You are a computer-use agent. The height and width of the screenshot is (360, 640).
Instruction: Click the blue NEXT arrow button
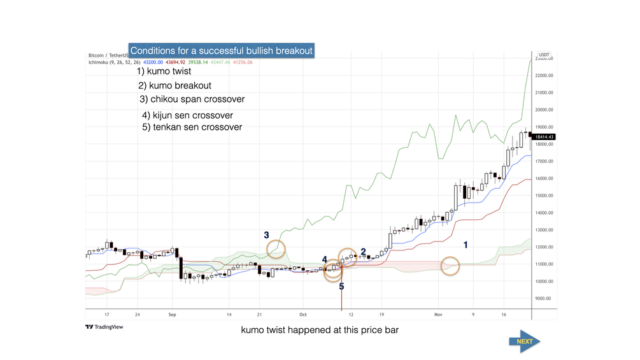pyautogui.click(x=524, y=341)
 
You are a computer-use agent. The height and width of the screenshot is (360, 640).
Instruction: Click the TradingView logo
pyautogui.click(x=104, y=327)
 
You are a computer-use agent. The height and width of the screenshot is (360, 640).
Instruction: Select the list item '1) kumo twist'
pyautogui.click(x=164, y=71)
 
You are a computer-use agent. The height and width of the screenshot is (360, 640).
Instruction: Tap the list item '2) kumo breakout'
pyautogui.click(x=174, y=85)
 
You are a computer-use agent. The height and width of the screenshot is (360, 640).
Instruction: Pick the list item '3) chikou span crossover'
pyautogui.click(x=192, y=99)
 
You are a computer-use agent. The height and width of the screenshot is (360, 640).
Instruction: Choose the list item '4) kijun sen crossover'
pyautogui.click(x=187, y=115)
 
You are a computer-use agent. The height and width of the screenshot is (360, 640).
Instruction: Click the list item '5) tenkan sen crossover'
pyautogui.click(x=192, y=127)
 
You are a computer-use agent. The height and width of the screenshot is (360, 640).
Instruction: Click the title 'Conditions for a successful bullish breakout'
pyautogui.click(x=222, y=50)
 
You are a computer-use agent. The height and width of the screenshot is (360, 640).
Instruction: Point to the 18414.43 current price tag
pyautogui.click(x=545, y=137)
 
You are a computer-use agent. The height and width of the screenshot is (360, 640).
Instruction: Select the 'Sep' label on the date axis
pyautogui.click(x=172, y=315)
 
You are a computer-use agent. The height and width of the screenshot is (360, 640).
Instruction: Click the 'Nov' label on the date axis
pyautogui.click(x=437, y=315)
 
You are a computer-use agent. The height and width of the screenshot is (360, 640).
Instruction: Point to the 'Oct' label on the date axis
pyautogui.click(x=303, y=315)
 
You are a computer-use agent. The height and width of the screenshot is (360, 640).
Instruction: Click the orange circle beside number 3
pyautogui.click(x=276, y=249)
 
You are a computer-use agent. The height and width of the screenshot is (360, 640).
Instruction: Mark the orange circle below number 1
pyautogui.click(x=450, y=266)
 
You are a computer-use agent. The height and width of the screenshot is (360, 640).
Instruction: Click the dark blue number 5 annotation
pyautogui.click(x=341, y=286)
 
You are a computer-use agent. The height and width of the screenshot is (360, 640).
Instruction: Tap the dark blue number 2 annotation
pyautogui.click(x=363, y=252)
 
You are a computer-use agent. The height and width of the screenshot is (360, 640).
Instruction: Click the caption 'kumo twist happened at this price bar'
pyautogui.click(x=319, y=331)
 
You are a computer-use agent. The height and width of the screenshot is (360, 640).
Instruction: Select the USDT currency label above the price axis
pyautogui.click(x=544, y=55)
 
